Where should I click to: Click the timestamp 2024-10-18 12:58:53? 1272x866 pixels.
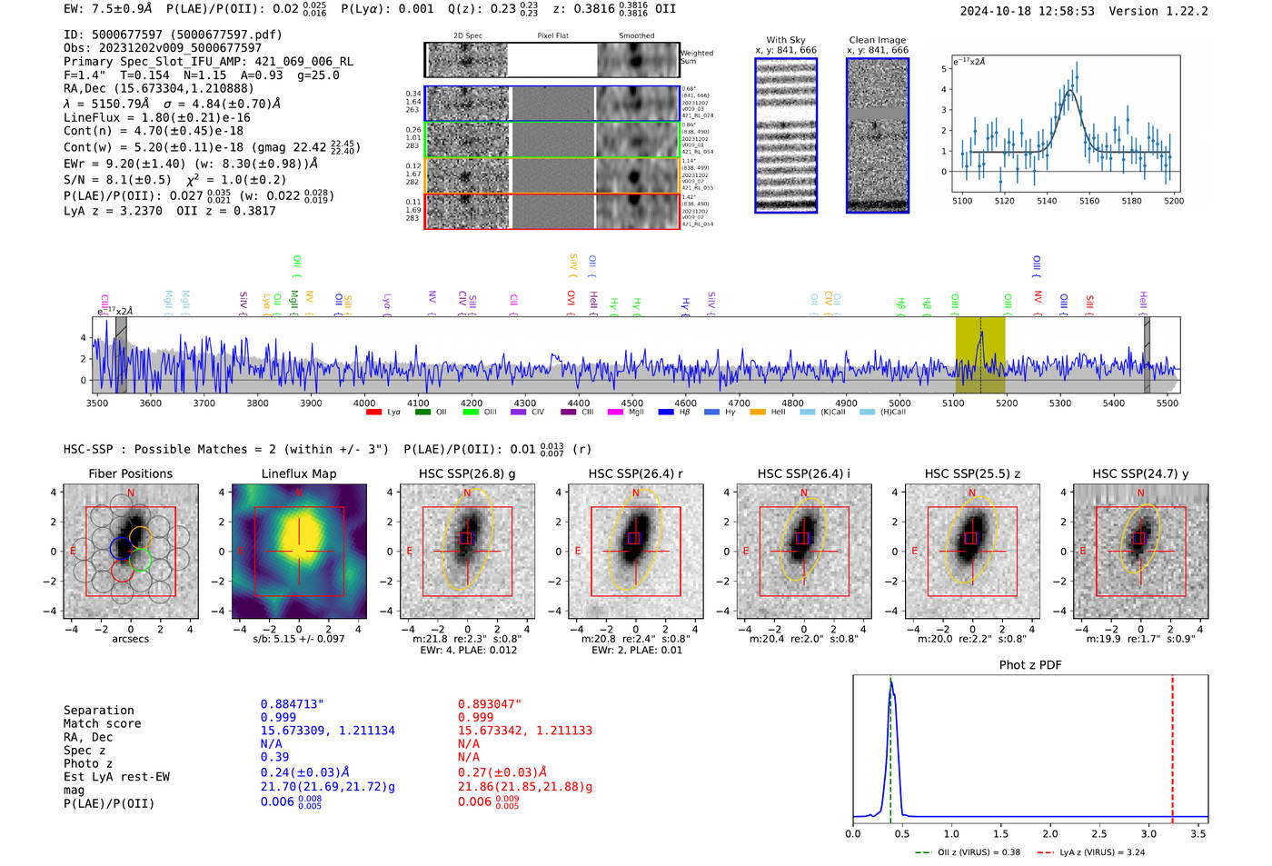coord(1027,12)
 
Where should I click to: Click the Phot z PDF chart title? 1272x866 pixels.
coord(1030,665)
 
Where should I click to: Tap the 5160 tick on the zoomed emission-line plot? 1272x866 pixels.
coord(1088,201)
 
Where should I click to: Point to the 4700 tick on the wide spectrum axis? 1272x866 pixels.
coord(739,403)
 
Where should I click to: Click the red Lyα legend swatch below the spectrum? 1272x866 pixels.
coord(373,413)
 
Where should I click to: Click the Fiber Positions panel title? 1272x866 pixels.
coord(130,473)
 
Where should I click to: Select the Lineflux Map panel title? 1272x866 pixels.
coord(298,473)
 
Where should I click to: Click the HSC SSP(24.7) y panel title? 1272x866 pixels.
coord(1140,473)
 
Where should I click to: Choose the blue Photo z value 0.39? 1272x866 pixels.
coord(274,757)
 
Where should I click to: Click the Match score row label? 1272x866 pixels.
coord(102,724)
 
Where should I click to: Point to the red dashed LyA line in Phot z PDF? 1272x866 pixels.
coord(1172,745)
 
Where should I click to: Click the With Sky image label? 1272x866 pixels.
coord(785,40)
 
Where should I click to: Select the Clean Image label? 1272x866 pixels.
coord(877,40)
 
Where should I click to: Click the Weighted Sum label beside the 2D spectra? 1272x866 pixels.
coord(697,57)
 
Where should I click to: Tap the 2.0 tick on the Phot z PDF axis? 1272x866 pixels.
coord(1049,833)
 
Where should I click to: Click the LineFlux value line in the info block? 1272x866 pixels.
coord(156,118)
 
